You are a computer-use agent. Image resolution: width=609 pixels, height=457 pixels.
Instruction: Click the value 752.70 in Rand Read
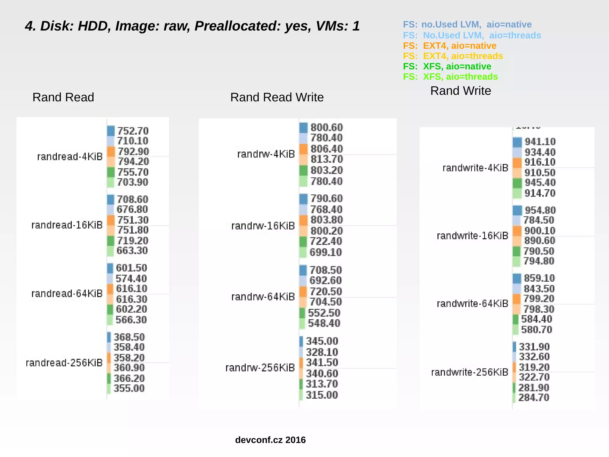(132, 131)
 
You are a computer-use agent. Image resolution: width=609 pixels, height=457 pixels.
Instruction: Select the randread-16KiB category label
(67, 225)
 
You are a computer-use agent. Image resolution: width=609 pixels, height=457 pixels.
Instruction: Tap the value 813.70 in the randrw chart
(327, 160)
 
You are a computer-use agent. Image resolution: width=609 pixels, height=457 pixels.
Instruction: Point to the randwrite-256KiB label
(470, 372)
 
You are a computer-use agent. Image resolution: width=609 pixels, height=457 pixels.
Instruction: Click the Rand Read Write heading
(277, 97)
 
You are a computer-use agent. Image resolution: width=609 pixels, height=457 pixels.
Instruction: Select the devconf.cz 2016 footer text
(270, 440)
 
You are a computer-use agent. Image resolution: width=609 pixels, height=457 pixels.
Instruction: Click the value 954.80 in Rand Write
(540, 210)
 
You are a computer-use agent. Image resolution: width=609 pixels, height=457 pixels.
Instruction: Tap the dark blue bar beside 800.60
(303, 128)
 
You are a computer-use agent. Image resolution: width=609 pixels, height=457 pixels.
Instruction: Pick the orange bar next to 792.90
(111, 152)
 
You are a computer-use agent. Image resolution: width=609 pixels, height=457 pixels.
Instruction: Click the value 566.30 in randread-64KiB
(131, 320)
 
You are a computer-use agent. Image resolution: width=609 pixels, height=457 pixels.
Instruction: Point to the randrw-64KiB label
(263, 297)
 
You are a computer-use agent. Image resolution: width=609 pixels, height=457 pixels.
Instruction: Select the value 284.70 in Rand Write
(533, 397)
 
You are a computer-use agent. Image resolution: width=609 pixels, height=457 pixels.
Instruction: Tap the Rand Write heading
(460, 91)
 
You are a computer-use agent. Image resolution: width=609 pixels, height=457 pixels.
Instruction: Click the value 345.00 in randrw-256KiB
(322, 341)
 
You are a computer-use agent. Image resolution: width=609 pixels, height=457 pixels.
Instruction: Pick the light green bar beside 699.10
(303, 252)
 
